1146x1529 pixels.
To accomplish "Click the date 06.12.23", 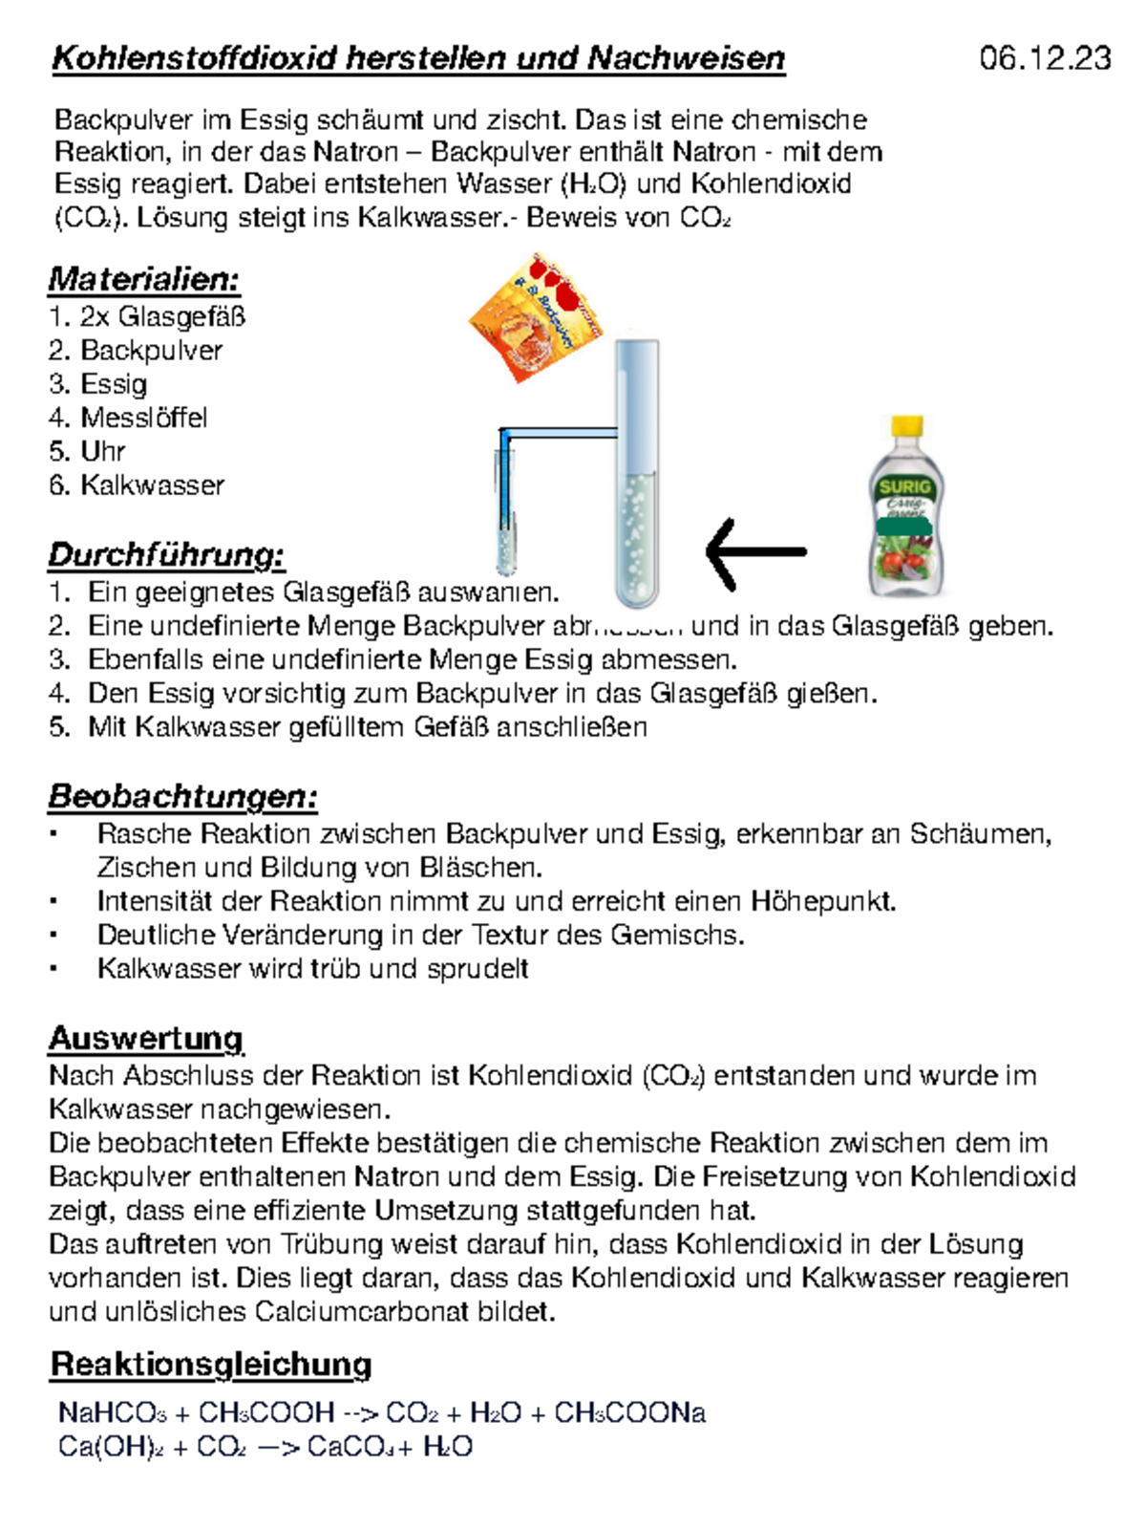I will (x=1045, y=58).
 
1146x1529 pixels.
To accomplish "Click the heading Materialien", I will (x=143, y=279).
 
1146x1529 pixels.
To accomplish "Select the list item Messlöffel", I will (x=143, y=418).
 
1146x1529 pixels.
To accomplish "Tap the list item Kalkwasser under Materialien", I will (x=152, y=485).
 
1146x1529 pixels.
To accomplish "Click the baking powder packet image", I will (x=537, y=319).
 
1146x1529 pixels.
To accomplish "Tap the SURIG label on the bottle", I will (x=904, y=487).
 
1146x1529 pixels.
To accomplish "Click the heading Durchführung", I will (x=166, y=555).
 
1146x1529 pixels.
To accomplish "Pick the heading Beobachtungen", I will (x=182, y=797).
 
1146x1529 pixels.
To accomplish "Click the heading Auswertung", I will (x=145, y=1039).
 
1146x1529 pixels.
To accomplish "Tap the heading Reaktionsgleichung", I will (x=210, y=1365).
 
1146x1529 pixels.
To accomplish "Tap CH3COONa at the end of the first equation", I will (x=629, y=1412).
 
